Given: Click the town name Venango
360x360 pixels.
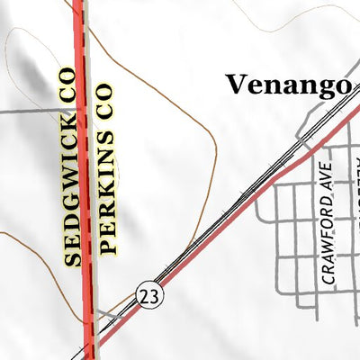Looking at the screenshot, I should (x=287, y=85).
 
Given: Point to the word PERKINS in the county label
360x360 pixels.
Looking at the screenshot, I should (x=107, y=198).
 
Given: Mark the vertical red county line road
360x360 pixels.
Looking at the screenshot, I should (x=85, y=180).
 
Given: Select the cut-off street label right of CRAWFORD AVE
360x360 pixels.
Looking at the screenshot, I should (x=354, y=171).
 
